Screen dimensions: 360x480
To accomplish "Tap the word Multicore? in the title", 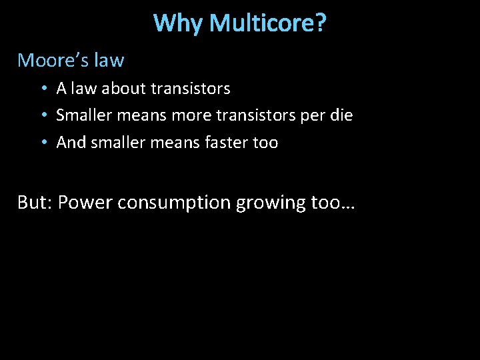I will [x=268, y=23].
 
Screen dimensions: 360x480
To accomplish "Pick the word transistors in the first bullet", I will [x=191, y=88].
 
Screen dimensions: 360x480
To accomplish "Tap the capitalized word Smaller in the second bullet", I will [x=84, y=115].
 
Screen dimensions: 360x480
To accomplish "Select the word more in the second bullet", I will [x=189, y=115].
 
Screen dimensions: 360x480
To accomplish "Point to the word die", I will [x=341, y=115].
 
